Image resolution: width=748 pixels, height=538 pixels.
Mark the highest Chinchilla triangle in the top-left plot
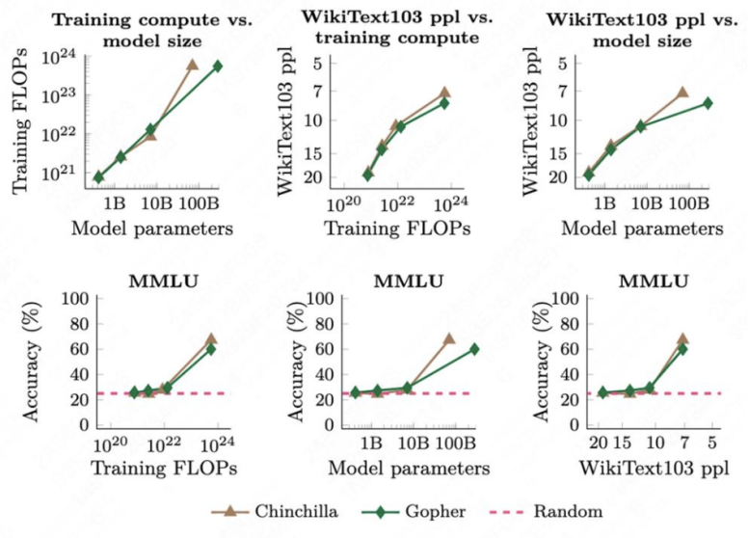tap(192, 65)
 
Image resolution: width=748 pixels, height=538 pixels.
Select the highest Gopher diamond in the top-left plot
tap(218, 66)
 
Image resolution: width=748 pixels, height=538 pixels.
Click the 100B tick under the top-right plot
tap(688, 204)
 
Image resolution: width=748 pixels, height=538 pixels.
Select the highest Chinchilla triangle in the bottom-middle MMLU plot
tap(448, 339)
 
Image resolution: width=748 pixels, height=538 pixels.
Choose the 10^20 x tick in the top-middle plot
tap(340, 204)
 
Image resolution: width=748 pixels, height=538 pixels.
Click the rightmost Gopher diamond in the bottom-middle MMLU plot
tap(474, 349)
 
